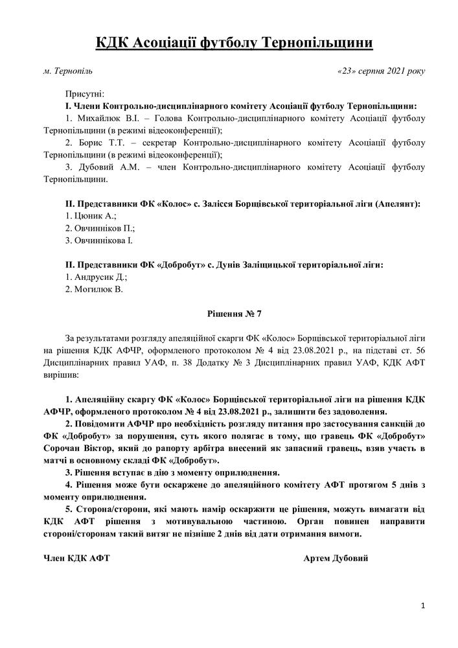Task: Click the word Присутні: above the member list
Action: pos(85,95)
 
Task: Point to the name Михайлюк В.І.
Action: pos(104,119)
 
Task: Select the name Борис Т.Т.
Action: pos(93,143)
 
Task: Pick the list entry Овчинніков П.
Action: pos(100,228)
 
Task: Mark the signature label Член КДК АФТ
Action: pos(76,559)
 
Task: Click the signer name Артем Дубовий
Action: pos(336,559)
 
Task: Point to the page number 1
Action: pos(422,606)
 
